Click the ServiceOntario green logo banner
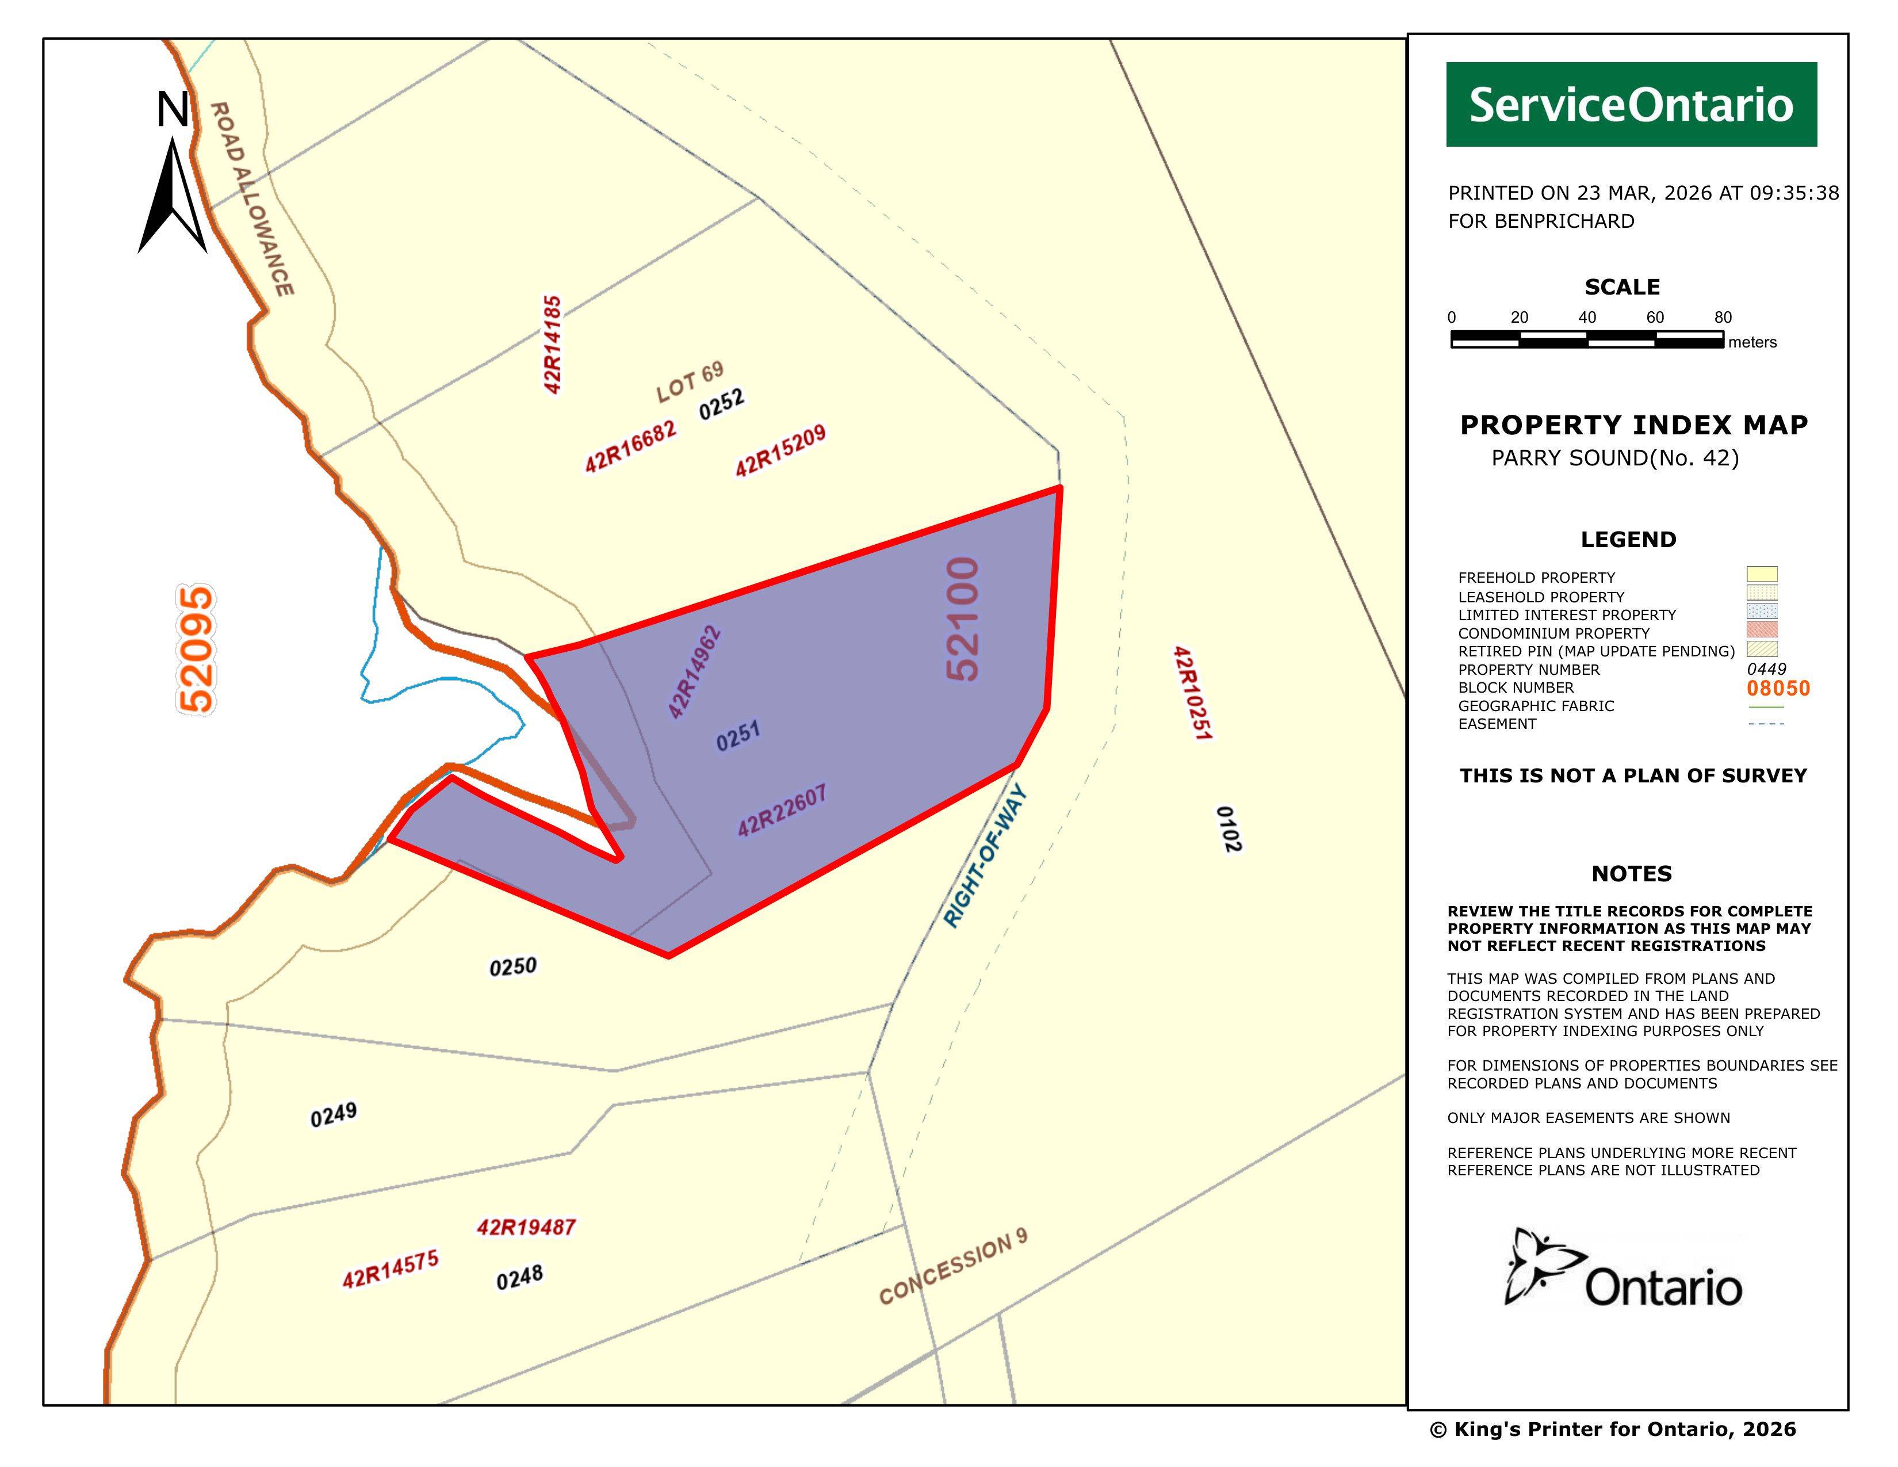(1631, 104)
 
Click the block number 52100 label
(963, 619)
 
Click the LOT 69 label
(690, 383)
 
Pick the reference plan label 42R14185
(552, 344)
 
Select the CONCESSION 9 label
(954, 1267)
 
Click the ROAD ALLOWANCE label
(251, 198)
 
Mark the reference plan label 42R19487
(526, 1227)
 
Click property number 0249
(334, 1114)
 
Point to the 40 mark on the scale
(1587, 317)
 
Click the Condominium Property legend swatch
(1762, 629)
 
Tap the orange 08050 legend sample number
(1778, 688)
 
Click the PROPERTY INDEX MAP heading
(1633, 425)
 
